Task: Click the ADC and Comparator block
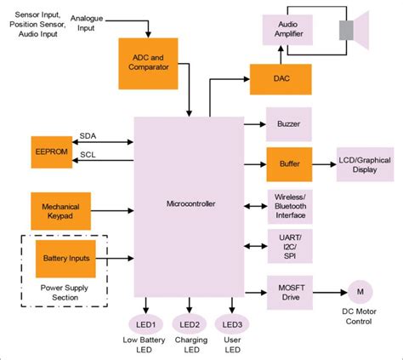[x=149, y=63]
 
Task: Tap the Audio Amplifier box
[x=290, y=31]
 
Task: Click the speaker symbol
[x=352, y=31]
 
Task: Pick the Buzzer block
[x=290, y=123]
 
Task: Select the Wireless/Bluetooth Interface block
[x=290, y=204]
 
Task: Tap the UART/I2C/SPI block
[x=290, y=245]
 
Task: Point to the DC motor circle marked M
[x=360, y=291]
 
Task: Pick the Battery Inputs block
[x=65, y=257]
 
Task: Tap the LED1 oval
[x=145, y=324]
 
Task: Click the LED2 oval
[x=189, y=324]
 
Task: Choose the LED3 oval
[x=233, y=324]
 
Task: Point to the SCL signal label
[x=88, y=154]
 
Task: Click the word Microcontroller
[x=190, y=204]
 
